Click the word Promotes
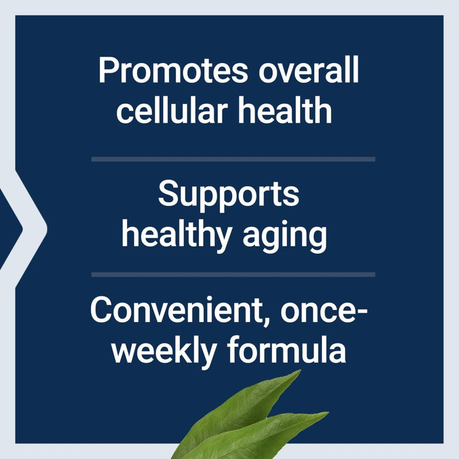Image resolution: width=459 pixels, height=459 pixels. click(x=171, y=71)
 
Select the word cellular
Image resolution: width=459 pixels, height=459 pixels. click(x=172, y=110)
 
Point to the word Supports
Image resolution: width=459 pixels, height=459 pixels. click(x=229, y=194)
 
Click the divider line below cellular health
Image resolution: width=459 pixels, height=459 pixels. click(x=233, y=159)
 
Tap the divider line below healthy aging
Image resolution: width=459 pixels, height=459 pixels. click(x=233, y=275)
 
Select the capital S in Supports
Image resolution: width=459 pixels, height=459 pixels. click(x=168, y=193)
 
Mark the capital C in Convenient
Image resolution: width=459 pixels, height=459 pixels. click(x=104, y=310)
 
